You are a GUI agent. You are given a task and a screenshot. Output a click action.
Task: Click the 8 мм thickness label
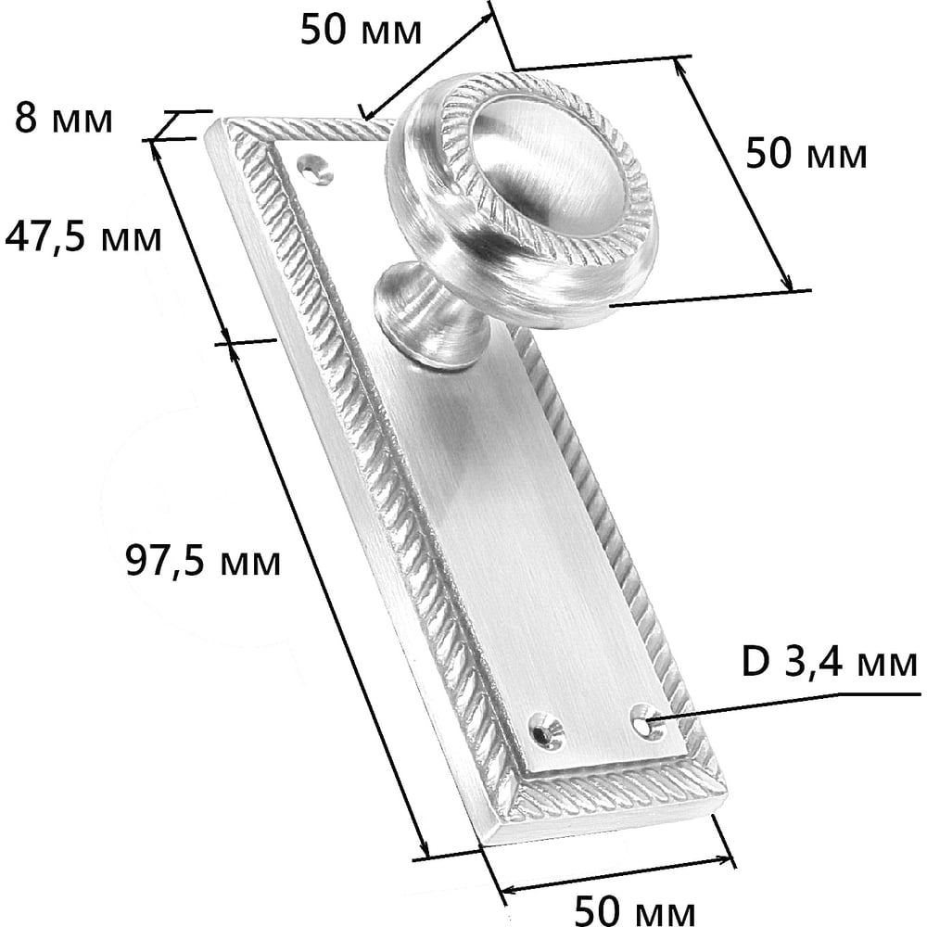[x=63, y=119]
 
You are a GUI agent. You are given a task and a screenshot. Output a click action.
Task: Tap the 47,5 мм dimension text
[x=83, y=237]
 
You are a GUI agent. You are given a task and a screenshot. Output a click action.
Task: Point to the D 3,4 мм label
[x=830, y=663]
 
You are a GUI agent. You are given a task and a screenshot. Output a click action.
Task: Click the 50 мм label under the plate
[x=635, y=909]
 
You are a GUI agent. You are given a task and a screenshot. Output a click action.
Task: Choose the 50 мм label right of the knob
[x=806, y=153]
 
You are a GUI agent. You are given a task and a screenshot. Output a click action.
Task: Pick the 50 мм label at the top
[x=361, y=30]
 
